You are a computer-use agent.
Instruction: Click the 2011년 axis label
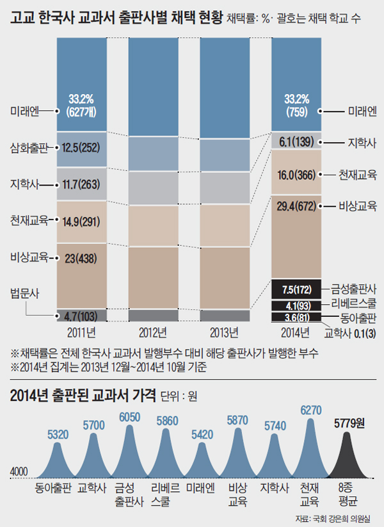click(x=81, y=332)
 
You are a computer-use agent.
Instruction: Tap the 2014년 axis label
click(x=296, y=332)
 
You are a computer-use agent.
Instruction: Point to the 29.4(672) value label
click(x=296, y=206)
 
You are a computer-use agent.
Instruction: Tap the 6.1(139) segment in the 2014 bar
click(x=296, y=141)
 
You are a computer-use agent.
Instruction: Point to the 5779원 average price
click(x=348, y=423)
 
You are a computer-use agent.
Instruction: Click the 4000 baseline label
click(x=20, y=472)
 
